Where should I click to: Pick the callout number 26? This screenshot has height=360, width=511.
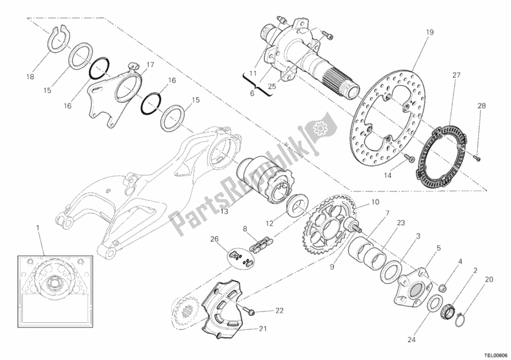click(214, 240)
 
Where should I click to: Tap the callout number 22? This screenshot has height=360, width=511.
click(279, 311)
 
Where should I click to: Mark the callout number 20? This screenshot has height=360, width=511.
click(489, 279)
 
